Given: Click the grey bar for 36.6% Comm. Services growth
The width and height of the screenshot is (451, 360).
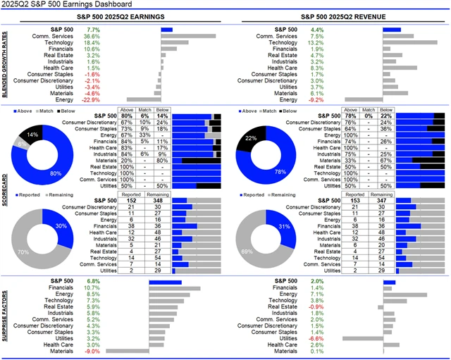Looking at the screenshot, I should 188,36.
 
